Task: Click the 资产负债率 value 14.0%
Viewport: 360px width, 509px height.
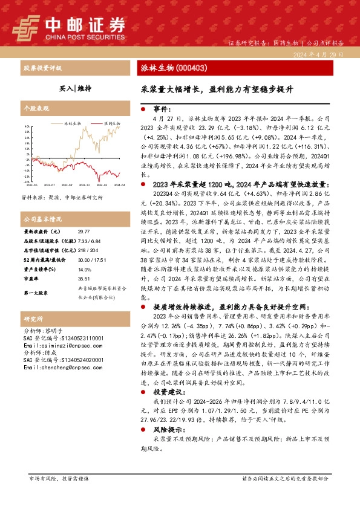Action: (83, 270)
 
